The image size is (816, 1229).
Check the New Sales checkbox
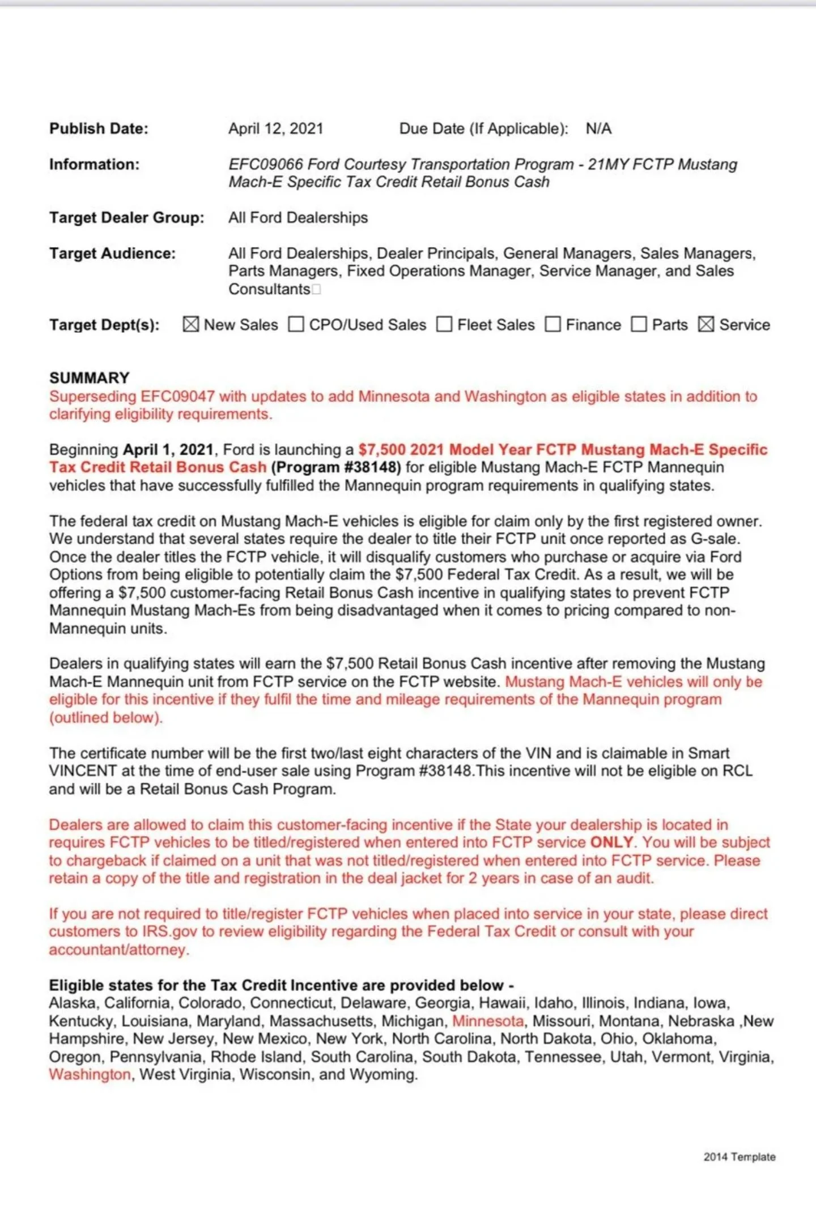pos(191,324)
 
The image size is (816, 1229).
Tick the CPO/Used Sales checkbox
pos(296,324)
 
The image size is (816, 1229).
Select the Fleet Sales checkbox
pos(444,324)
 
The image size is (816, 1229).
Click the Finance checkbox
pos(552,324)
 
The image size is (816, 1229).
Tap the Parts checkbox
pos(639,324)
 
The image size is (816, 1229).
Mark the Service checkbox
pos(706,324)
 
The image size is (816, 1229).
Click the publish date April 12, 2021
pos(275,129)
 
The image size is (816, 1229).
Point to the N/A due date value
pos(598,129)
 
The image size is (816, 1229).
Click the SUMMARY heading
pos(90,378)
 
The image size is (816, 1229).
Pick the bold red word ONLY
pos(611,842)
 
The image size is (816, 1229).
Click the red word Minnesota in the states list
pos(488,1021)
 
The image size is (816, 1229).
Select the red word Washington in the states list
pos(90,1074)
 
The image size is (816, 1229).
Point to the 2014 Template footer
pos(739,1157)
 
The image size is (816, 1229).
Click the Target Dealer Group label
pos(126,218)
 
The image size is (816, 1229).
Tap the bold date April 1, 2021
pos(168,450)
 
